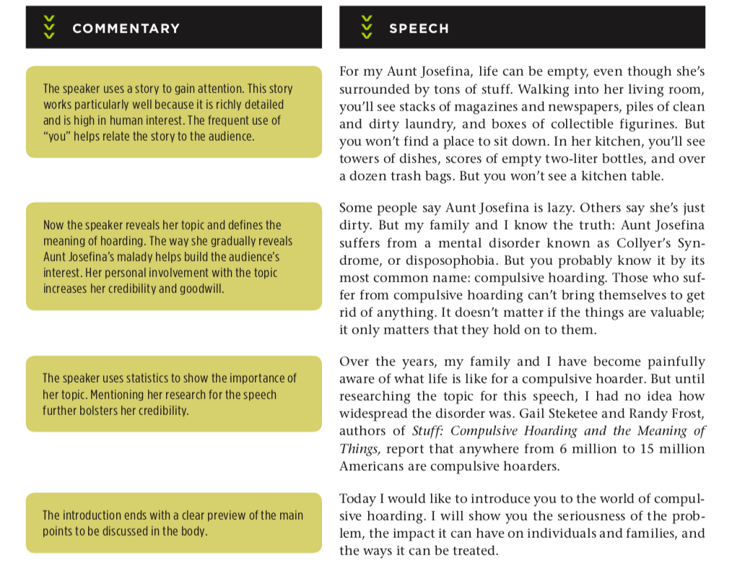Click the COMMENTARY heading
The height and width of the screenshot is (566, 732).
pyautogui.click(x=126, y=29)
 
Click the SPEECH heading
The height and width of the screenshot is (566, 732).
pyautogui.click(x=419, y=29)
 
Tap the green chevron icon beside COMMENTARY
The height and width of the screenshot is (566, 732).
pyautogui.click(x=48, y=27)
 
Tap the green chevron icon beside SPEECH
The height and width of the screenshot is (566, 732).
pyautogui.click(x=367, y=27)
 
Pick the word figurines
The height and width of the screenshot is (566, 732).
pyautogui.click(x=645, y=123)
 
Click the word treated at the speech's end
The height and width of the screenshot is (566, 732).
pyautogui.click(x=473, y=551)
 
